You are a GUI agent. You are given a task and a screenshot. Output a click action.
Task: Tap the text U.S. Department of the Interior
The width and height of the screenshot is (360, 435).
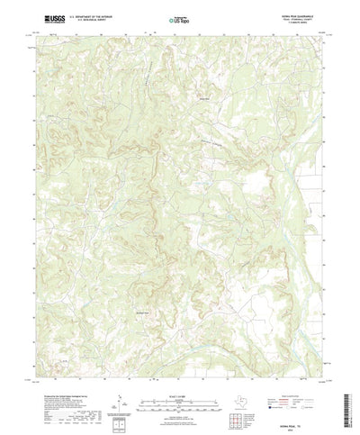pos(82,16)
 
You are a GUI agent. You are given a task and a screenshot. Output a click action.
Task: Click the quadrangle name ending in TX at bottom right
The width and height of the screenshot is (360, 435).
pos(305,414)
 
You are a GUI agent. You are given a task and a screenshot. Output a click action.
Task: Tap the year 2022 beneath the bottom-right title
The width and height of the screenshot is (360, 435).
pos(305,420)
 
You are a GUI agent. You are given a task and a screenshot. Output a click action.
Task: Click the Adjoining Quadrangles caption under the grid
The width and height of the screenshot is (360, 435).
pos(238,413)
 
